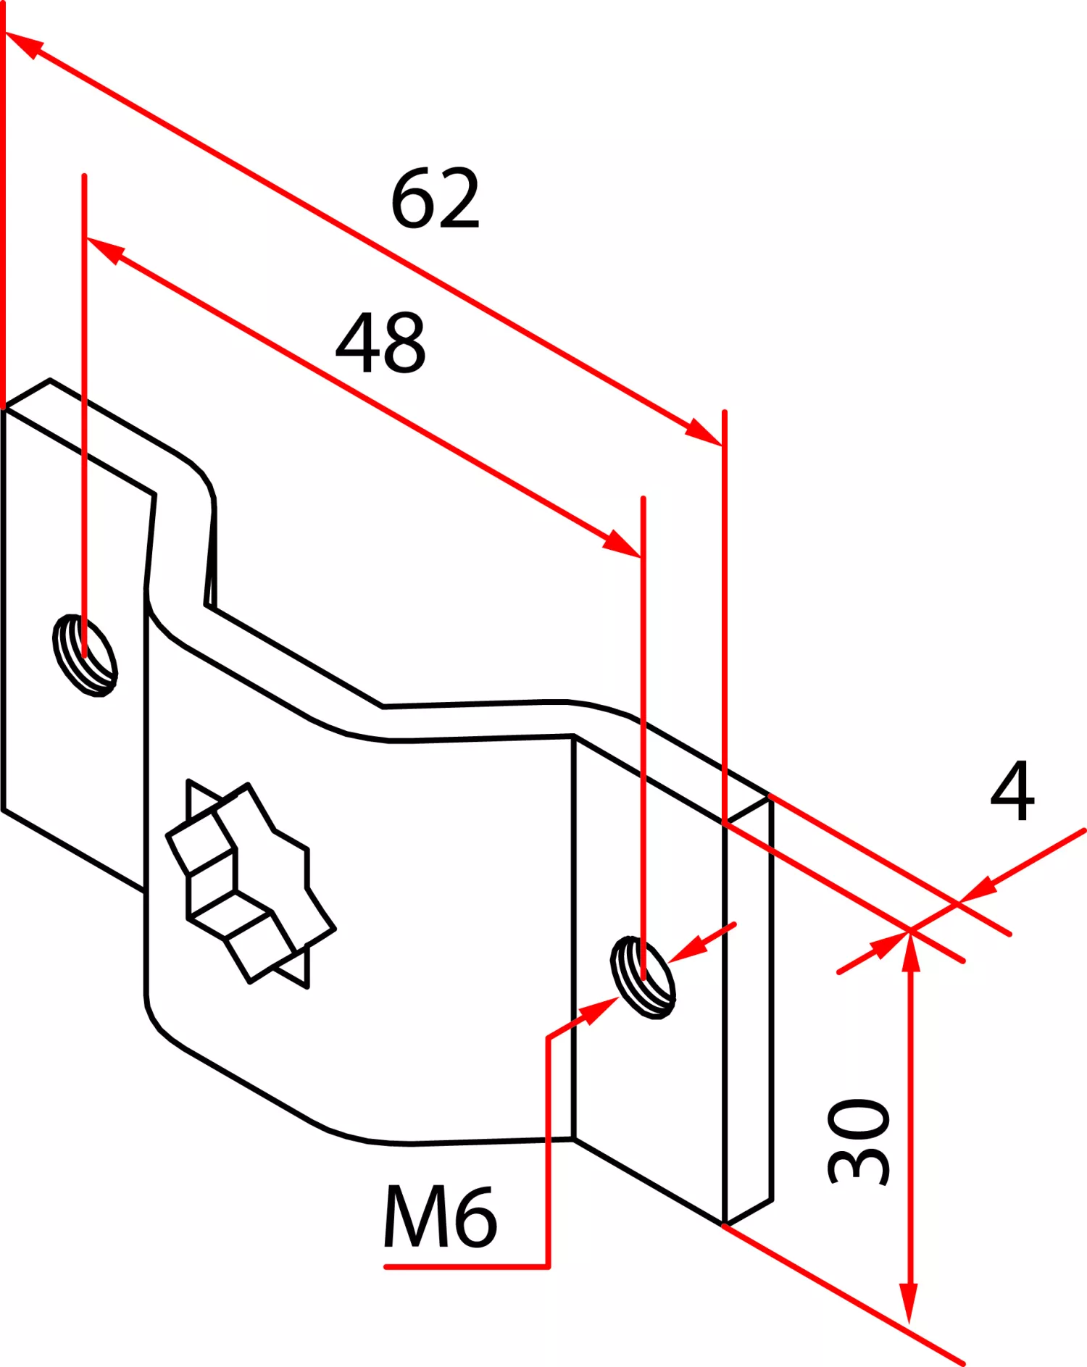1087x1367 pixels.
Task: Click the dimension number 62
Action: [436, 198]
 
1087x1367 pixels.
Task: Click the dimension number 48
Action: [380, 343]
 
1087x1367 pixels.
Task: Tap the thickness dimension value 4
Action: [1012, 790]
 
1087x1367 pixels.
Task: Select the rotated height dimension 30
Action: [859, 1142]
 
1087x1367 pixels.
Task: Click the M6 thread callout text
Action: [440, 1217]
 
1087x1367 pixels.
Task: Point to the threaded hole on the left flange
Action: [86, 655]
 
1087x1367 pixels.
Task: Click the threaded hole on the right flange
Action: [643, 977]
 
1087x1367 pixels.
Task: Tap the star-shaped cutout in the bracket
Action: [250, 884]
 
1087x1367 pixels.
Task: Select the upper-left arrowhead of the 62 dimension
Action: [23, 43]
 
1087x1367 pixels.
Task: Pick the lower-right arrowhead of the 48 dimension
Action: [622, 543]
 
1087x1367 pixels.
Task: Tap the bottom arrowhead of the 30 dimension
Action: [909, 1304]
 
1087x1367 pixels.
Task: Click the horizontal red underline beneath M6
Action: [467, 1267]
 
